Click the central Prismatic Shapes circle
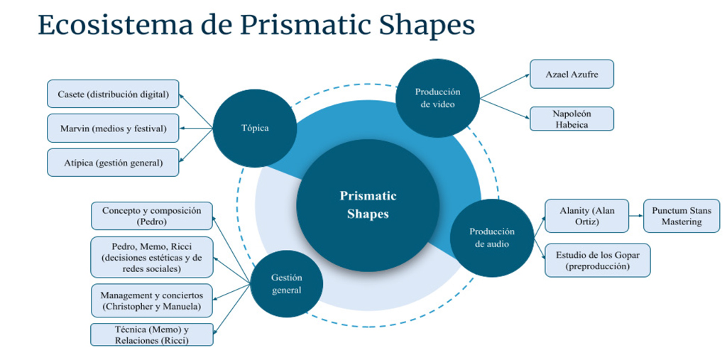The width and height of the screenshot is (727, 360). click(368, 204)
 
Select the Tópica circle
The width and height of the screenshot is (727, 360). click(255, 129)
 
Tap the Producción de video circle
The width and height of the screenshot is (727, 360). click(437, 98)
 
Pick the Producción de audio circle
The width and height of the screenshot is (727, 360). click(492, 238)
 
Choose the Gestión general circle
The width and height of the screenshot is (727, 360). click(286, 283)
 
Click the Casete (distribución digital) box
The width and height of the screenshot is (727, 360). click(113, 94)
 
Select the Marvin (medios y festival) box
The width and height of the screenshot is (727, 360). click(113, 128)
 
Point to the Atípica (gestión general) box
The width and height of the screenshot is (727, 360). click(113, 163)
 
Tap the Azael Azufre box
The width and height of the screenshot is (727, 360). click(572, 74)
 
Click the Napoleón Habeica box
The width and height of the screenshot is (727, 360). click(572, 119)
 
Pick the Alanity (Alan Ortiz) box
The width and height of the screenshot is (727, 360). click(586, 216)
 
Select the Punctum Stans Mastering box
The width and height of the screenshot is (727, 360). click(682, 216)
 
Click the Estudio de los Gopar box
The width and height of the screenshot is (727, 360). click(598, 261)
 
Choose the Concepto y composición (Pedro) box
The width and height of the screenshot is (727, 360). click(152, 216)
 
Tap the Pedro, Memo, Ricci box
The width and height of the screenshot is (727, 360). click(152, 257)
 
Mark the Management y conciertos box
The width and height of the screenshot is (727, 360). click(152, 300)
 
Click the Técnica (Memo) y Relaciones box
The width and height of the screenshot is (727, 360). click(152, 334)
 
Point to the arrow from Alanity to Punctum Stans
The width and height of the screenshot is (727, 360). click(636, 216)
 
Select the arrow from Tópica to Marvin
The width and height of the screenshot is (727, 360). click(196, 129)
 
